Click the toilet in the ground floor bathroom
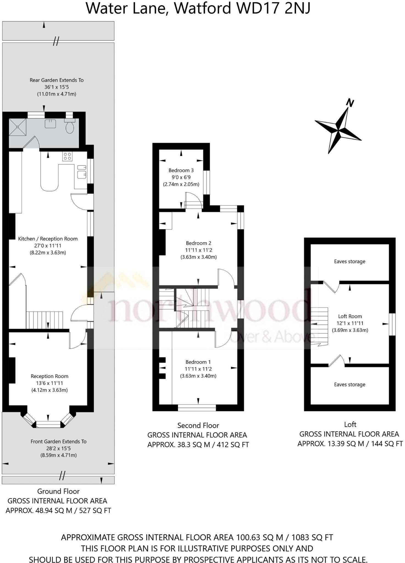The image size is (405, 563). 70,126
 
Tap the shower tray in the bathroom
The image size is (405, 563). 18,127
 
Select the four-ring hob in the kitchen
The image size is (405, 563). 67,156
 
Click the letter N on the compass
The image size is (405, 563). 349,103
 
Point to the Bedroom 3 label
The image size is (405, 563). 181,170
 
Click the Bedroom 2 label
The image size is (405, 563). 198,243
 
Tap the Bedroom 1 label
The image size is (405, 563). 198,362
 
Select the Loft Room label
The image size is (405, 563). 350,316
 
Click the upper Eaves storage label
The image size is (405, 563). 349,261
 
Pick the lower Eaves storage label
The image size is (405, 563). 349,385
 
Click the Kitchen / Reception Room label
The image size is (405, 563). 48,239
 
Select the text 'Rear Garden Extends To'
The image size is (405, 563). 57,80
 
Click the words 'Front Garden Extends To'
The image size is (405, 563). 59,441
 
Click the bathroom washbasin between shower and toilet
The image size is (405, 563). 50,124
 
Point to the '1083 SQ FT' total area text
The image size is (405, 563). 312,537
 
